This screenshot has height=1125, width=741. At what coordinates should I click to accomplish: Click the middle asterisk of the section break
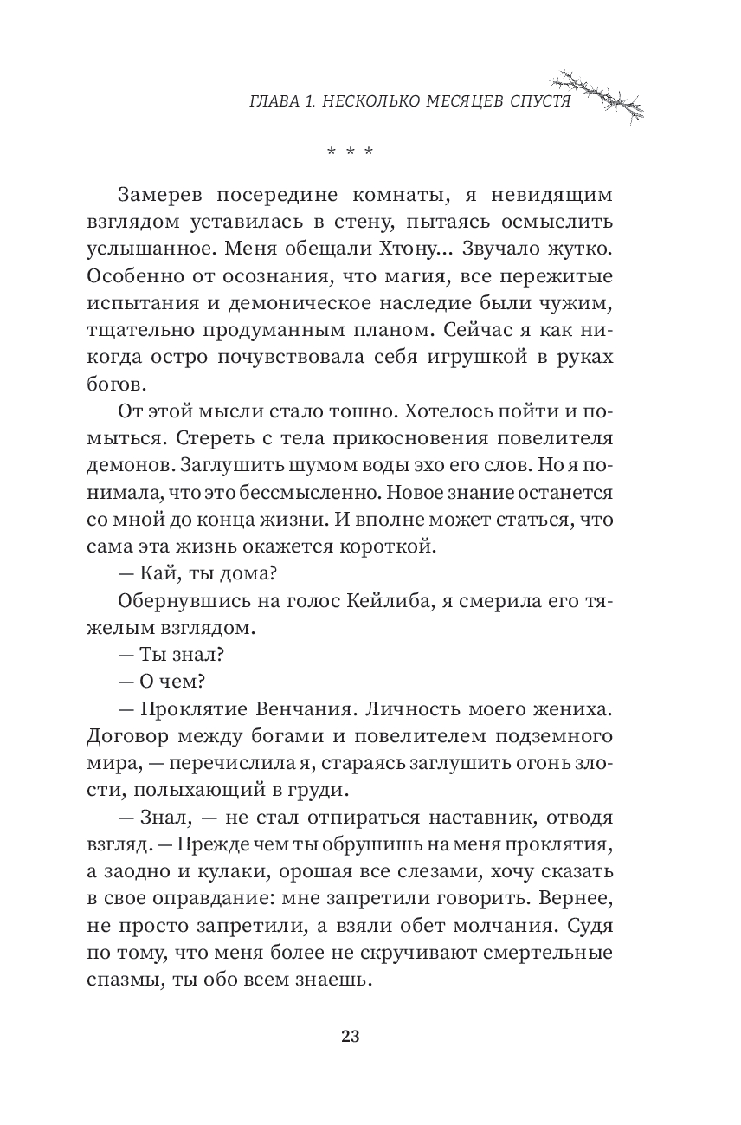(350, 154)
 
